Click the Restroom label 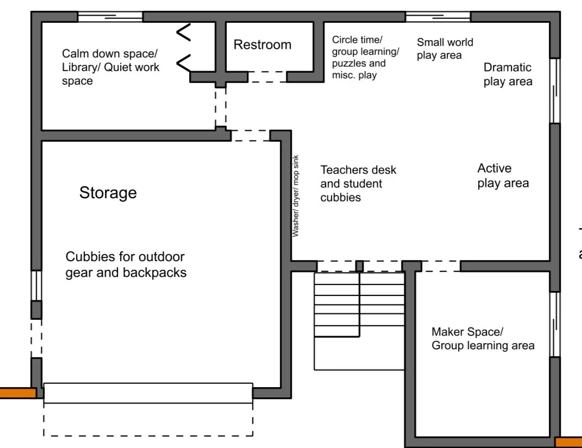262,45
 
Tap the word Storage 108,193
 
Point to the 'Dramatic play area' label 508,74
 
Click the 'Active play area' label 503,175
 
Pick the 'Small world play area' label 445,48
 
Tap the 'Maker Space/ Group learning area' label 483,338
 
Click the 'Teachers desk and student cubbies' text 358,184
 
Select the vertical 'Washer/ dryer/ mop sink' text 296,196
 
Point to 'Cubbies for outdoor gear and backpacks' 126,264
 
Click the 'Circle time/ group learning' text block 365,57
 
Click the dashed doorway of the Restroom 267,77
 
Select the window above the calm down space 110,17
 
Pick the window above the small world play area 437,17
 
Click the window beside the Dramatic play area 554,91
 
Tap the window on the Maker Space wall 554,324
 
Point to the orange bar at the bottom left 17,393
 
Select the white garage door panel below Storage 148,393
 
